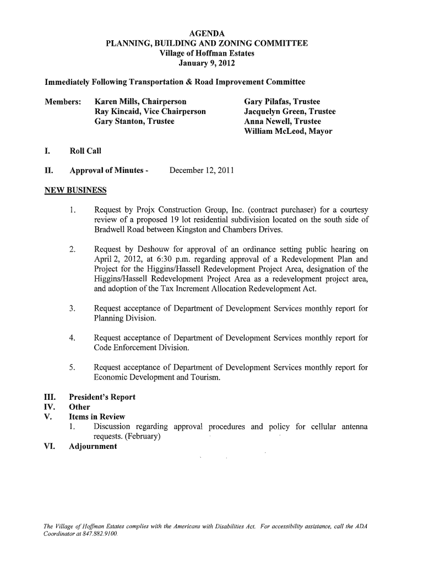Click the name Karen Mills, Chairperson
140,102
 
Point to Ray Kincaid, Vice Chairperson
150,112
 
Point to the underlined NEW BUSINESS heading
75,191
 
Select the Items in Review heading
97,417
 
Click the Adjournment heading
93,446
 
